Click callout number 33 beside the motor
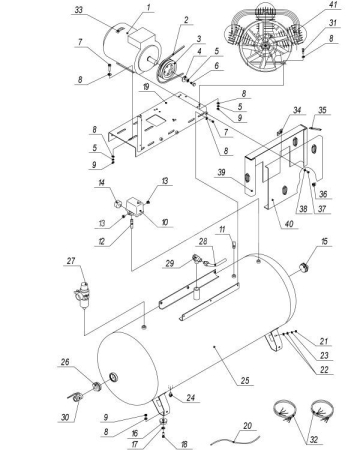[x=108, y=11]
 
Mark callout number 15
[x=325, y=243]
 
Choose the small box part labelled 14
[x=119, y=205]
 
